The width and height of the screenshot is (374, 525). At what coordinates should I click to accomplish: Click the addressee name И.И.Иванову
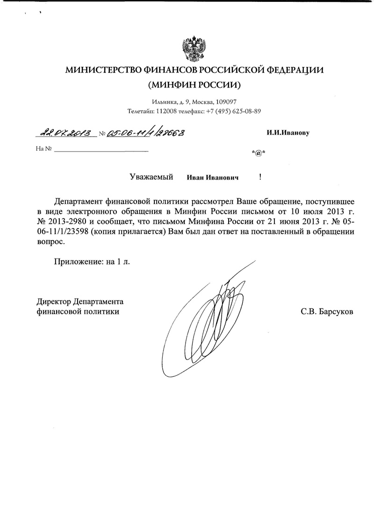[x=288, y=132]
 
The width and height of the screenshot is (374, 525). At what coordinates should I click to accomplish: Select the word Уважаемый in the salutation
[x=151, y=177]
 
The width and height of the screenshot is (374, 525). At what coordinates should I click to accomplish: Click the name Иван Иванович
[x=213, y=178]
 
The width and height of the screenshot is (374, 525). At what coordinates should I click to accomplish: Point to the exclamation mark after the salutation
[x=259, y=177]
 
